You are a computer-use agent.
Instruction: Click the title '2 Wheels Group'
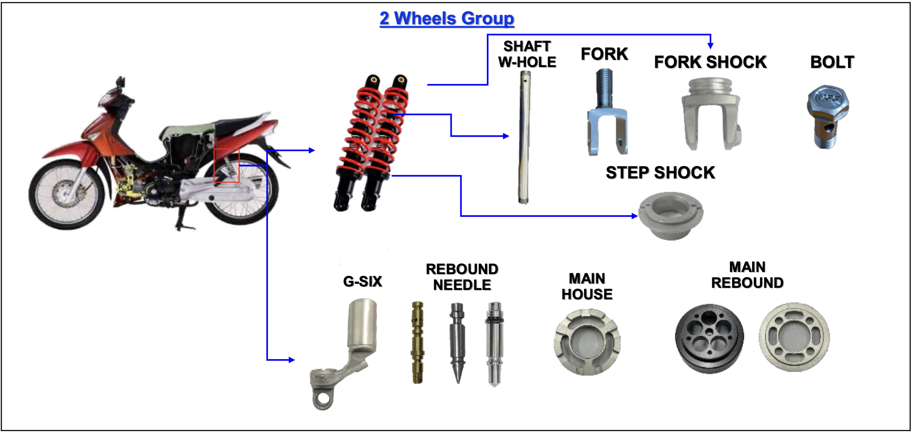click(x=447, y=19)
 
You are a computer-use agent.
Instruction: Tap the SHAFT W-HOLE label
click(x=527, y=54)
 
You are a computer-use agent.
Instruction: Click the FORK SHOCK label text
click(x=710, y=62)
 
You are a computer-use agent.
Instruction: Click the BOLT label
click(x=832, y=62)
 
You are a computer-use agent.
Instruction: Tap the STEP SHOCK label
click(x=660, y=173)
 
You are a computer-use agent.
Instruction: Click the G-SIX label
click(x=362, y=282)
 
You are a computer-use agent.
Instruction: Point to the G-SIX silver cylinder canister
click(x=362, y=322)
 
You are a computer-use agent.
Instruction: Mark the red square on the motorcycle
click(x=227, y=166)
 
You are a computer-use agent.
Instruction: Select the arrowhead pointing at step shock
click(x=635, y=216)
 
